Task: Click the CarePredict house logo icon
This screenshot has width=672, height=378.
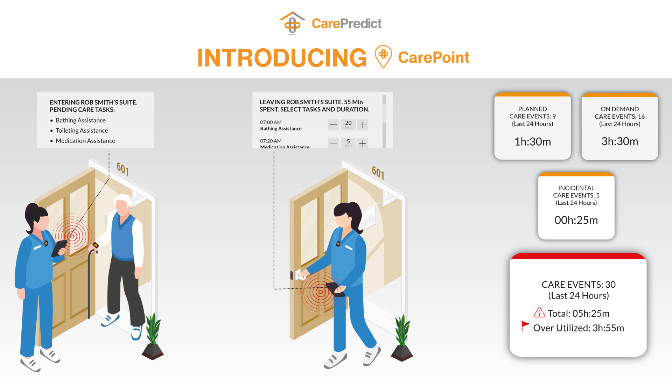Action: pyautogui.click(x=292, y=23)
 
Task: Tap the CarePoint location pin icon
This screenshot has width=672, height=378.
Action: pyautogui.click(x=383, y=56)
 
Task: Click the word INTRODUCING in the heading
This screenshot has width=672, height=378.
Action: pyautogui.click(x=282, y=58)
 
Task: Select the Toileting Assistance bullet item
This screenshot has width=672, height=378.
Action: pyautogui.click(x=82, y=131)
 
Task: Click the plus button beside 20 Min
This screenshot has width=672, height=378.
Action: pyautogui.click(x=363, y=125)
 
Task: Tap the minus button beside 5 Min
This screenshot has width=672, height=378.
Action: pyautogui.click(x=334, y=143)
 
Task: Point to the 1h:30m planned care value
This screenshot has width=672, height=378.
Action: pyautogui.click(x=532, y=142)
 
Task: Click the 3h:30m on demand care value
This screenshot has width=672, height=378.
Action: pyautogui.click(x=619, y=141)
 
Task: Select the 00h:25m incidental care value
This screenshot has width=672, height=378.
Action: pyautogui.click(x=576, y=220)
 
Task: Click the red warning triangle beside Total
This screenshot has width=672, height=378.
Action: pyautogui.click(x=539, y=312)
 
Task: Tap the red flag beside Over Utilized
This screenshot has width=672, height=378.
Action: pyautogui.click(x=525, y=325)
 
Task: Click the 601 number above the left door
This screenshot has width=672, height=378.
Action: pyautogui.click(x=122, y=169)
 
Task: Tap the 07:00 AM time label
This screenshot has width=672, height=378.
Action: pyautogui.click(x=271, y=122)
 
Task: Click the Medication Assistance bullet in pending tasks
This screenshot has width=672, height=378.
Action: pyautogui.click(x=85, y=141)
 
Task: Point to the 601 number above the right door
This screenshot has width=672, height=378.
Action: pyautogui.click(x=378, y=173)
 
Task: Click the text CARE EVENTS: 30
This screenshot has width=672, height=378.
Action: pyautogui.click(x=578, y=285)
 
